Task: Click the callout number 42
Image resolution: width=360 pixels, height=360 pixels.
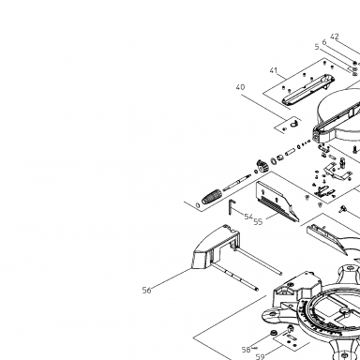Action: (335, 37)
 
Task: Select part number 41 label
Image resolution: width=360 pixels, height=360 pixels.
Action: (274, 70)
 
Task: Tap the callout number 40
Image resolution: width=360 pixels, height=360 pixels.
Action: (240, 87)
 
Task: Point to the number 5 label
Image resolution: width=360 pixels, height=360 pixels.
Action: (317, 47)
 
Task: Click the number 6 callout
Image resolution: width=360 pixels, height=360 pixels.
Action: (324, 42)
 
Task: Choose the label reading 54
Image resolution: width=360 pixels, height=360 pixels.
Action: (248, 217)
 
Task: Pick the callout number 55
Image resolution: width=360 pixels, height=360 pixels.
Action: (258, 221)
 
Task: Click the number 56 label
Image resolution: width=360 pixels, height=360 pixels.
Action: (146, 291)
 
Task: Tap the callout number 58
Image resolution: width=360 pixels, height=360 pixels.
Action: (246, 350)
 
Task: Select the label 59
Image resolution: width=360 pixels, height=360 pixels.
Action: (261, 356)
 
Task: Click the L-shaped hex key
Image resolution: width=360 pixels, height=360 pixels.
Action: (232, 206)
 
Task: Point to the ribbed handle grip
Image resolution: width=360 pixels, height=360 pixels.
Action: (212, 196)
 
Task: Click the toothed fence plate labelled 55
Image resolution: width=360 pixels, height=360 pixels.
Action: (277, 202)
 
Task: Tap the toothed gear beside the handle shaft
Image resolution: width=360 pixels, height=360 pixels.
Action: (262, 166)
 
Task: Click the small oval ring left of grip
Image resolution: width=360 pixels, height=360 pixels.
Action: (198, 205)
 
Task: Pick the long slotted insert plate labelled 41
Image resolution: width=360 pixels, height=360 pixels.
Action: (307, 89)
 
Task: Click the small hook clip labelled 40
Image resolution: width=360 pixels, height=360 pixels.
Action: (294, 124)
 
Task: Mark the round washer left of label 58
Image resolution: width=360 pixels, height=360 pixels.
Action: (274, 333)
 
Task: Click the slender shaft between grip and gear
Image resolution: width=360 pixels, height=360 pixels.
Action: (237, 182)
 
